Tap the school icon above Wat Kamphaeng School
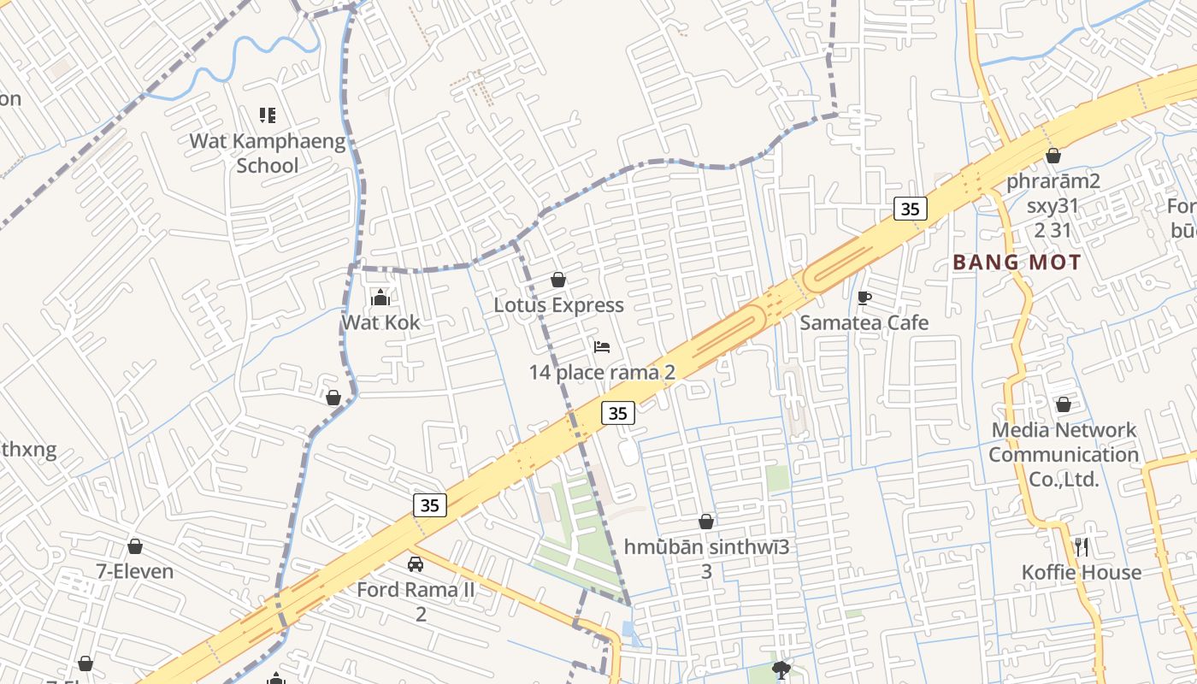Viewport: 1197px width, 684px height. point(267,115)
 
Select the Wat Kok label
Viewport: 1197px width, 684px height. point(381,322)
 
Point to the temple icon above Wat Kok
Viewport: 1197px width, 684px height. point(381,298)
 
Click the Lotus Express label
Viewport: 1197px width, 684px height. point(558,305)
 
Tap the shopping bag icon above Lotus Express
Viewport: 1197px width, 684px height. point(558,280)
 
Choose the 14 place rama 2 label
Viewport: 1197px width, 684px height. point(602,372)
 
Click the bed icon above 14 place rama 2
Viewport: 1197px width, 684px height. point(602,347)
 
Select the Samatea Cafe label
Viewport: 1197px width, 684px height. point(864,322)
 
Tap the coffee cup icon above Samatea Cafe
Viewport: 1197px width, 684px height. point(864,298)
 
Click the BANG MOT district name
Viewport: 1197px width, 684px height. point(1017,262)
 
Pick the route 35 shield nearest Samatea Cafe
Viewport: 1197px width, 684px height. point(911,208)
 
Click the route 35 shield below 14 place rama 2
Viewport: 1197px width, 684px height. point(618,413)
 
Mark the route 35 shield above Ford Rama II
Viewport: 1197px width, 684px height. point(429,505)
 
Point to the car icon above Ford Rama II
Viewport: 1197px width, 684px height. point(416,564)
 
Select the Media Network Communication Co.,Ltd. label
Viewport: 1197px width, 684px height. point(1064,454)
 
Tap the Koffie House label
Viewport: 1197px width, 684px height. point(1082,572)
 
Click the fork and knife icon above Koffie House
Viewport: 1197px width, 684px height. point(1082,547)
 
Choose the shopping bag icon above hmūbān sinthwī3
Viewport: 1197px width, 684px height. point(706,522)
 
